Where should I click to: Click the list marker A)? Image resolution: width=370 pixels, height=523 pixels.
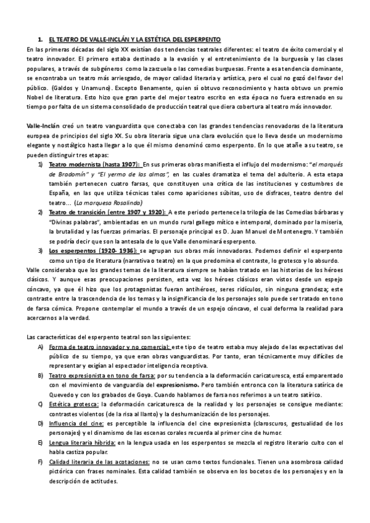(x=40, y=346)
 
